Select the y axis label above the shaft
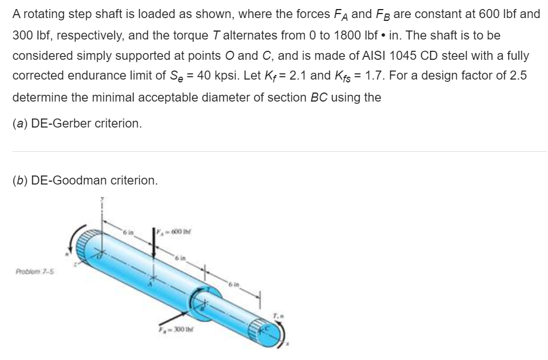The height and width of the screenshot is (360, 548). pos(102,198)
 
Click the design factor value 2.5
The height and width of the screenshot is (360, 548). pos(519,76)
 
